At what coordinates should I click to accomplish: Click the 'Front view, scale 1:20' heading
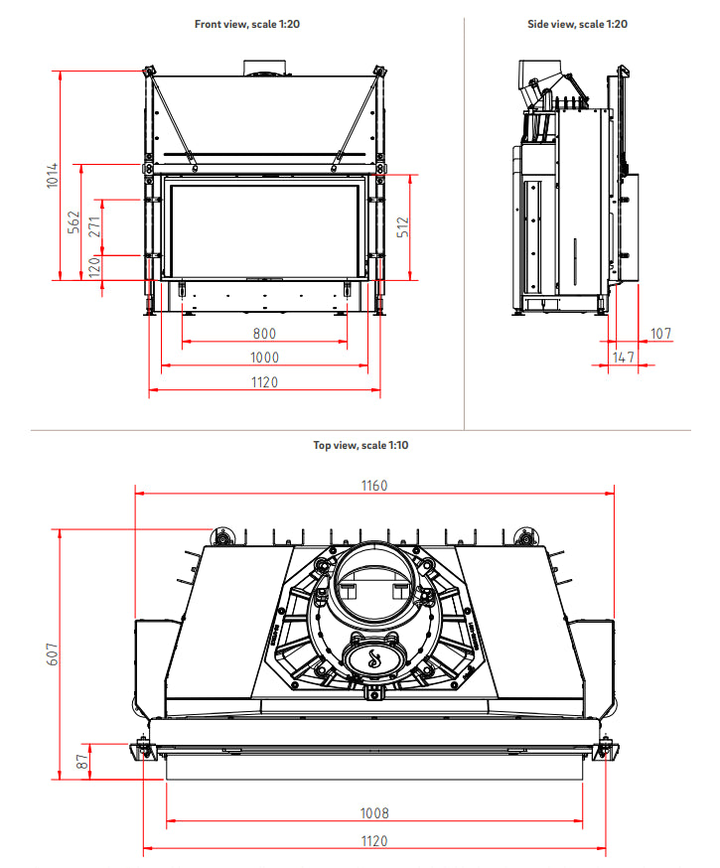click(x=247, y=23)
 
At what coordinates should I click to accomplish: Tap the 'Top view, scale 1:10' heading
click(x=360, y=445)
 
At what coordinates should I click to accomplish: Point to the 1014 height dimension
click(x=52, y=177)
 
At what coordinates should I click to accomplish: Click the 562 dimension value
click(x=72, y=222)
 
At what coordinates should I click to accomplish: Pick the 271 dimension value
click(x=94, y=226)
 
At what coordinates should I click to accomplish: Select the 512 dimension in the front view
click(x=402, y=227)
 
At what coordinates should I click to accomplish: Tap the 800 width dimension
click(x=264, y=334)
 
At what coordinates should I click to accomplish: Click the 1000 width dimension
click(x=264, y=358)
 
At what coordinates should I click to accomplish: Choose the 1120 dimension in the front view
click(x=264, y=382)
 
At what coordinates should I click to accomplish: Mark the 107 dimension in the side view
click(x=660, y=333)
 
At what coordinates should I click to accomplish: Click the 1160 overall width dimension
click(x=374, y=485)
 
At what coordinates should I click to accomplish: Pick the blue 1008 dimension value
click(x=374, y=813)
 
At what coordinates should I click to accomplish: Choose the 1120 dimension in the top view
click(x=374, y=840)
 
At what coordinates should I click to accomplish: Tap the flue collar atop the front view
click(x=264, y=68)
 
